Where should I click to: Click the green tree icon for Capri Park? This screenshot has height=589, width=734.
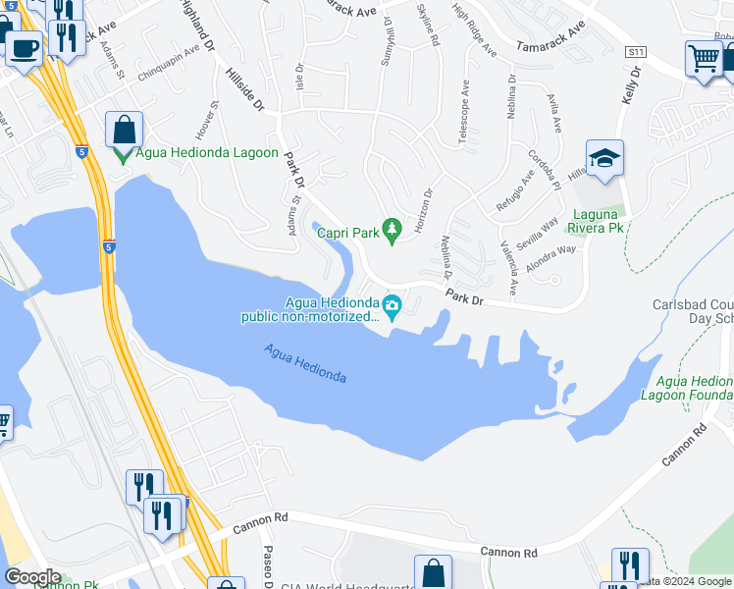click(x=392, y=230)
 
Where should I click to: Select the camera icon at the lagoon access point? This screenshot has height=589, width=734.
click(x=392, y=306)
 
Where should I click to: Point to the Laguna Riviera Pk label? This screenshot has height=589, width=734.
click(x=598, y=221)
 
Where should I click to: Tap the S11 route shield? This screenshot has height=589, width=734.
click(x=637, y=51)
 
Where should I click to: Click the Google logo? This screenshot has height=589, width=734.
click(x=33, y=576)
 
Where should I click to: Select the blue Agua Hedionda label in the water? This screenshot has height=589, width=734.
click(x=305, y=364)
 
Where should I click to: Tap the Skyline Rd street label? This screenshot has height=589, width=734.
click(x=424, y=25)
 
